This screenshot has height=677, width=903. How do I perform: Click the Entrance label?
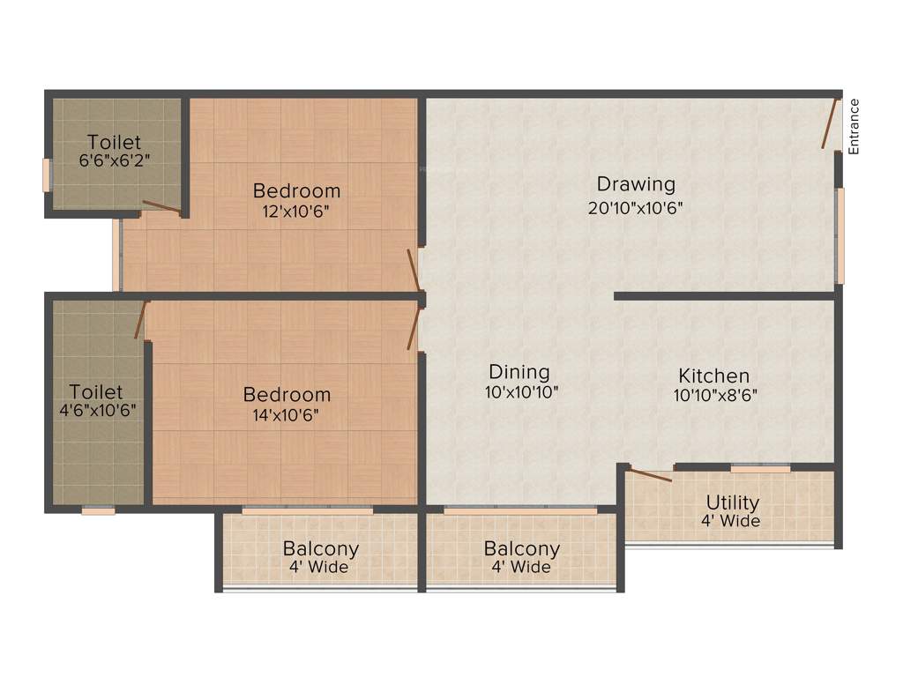pyautogui.click(x=854, y=126)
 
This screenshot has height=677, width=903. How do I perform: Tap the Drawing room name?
pyautogui.click(x=636, y=184)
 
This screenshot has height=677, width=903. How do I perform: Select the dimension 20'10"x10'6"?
pyautogui.click(x=636, y=208)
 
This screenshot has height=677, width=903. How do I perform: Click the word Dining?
pyautogui.click(x=519, y=372)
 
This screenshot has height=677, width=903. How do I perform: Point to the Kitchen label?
pyautogui.click(x=714, y=376)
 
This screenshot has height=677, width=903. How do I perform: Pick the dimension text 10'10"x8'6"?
pyautogui.click(x=715, y=396)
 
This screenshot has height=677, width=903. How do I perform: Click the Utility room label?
pyautogui.click(x=732, y=502)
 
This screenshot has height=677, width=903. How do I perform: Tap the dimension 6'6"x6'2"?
pyautogui.click(x=115, y=161)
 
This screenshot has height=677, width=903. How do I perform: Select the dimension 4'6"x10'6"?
pyautogui.click(x=96, y=410)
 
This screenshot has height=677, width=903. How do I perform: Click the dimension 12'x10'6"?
pyautogui.click(x=296, y=211)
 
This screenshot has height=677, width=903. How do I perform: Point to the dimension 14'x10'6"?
pyautogui.click(x=287, y=414)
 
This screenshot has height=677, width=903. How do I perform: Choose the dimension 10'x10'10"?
pyautogui.click(x=521, y=392)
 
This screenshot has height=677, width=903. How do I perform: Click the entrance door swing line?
pyautogui.click(x=830, y=123)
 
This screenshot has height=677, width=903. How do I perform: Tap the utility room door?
pyautogui.click(x=650, y=475)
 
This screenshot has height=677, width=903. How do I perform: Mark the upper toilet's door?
pyautogui.click(x=162, y=208)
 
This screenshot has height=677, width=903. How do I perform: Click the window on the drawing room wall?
pyautogui.click(x=840, y=235)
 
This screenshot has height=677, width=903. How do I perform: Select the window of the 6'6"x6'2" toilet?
pyautogui.click(x=46, y=175)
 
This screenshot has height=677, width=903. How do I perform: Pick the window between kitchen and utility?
pyautogui.click(x=760, y=469)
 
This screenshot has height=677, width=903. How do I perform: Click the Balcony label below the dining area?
pyautogui.click(x=522, y=548)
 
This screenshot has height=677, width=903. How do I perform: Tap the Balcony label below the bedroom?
pyautogui.click(x=320, y=548)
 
